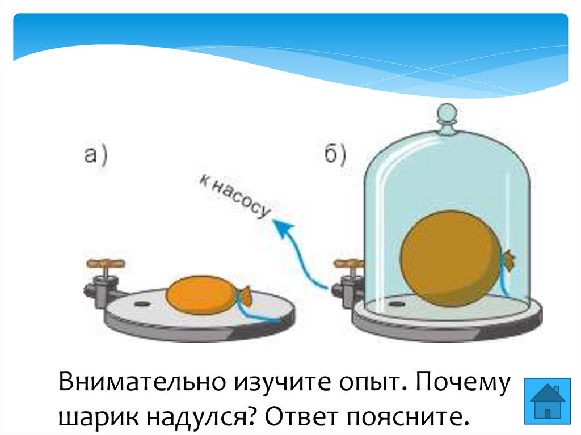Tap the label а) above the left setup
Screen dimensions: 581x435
click(97, 154)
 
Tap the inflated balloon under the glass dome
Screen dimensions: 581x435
click(451, 259)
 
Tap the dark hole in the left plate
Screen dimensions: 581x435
click(140, 304)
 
